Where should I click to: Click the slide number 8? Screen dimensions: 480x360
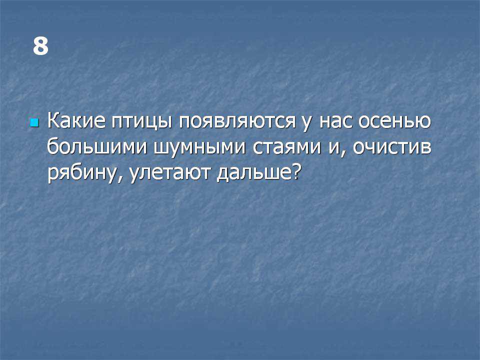[40, 46]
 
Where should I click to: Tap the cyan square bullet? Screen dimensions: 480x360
[34, 123]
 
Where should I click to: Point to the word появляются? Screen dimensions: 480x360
[237, 121]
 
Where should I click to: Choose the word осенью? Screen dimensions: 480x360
[394, 121]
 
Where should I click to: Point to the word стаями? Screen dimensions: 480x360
[287, 147]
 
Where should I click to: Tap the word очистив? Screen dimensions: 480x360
[392, 147]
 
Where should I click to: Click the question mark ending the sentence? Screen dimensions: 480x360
[294, 172]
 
